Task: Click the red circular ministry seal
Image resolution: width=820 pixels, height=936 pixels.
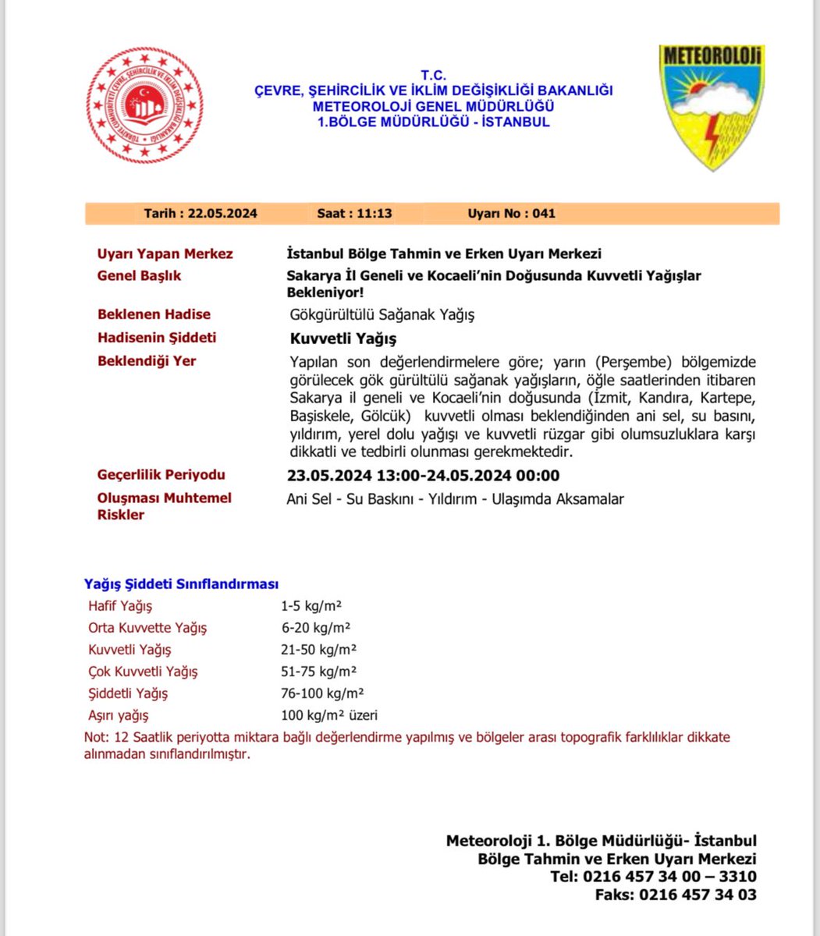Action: click(144, 105)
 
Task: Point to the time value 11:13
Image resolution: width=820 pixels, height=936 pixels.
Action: click(375, 214)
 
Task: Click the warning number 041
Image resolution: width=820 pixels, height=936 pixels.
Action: click(544, 214)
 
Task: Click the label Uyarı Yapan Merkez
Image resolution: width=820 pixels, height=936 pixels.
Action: click(165, 254)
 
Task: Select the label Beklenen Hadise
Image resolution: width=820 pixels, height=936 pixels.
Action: click(154, 314)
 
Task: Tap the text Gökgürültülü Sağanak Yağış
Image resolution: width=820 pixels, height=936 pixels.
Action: click(382, 315)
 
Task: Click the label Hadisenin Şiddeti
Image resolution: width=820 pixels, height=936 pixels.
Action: click(157, 338)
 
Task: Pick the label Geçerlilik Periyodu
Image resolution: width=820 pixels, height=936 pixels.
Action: click(161, 475)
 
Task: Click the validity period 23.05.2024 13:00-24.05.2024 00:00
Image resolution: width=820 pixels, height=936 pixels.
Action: click(423, 476)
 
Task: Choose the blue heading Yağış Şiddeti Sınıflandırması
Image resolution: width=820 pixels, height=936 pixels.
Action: click(181, 584)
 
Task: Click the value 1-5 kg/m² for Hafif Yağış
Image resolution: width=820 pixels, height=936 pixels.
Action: click(312, 606)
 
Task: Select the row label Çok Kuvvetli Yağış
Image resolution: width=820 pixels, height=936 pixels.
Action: click(143, 672)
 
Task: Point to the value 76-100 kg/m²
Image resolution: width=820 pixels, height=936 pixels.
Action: click(322, 693)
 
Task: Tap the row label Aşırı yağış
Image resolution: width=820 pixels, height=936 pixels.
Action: click(118, 715)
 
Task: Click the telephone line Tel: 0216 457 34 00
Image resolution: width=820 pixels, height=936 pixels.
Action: click(652, 877)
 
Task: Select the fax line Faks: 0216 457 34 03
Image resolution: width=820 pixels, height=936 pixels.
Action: click(675, 895)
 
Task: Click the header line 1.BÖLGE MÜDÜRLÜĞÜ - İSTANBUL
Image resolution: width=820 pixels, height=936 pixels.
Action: click(433, 122)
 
